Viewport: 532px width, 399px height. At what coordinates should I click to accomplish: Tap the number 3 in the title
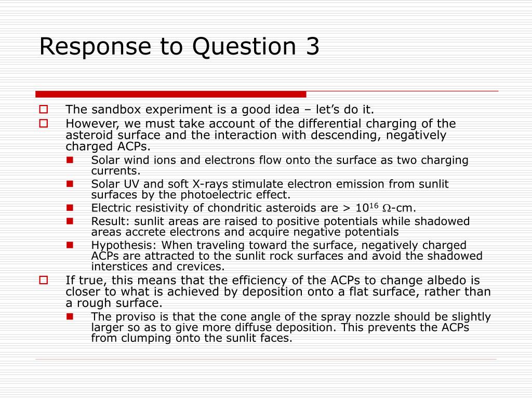point(312,46)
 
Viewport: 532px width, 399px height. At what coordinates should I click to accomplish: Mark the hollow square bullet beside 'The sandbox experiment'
point(44,110)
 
